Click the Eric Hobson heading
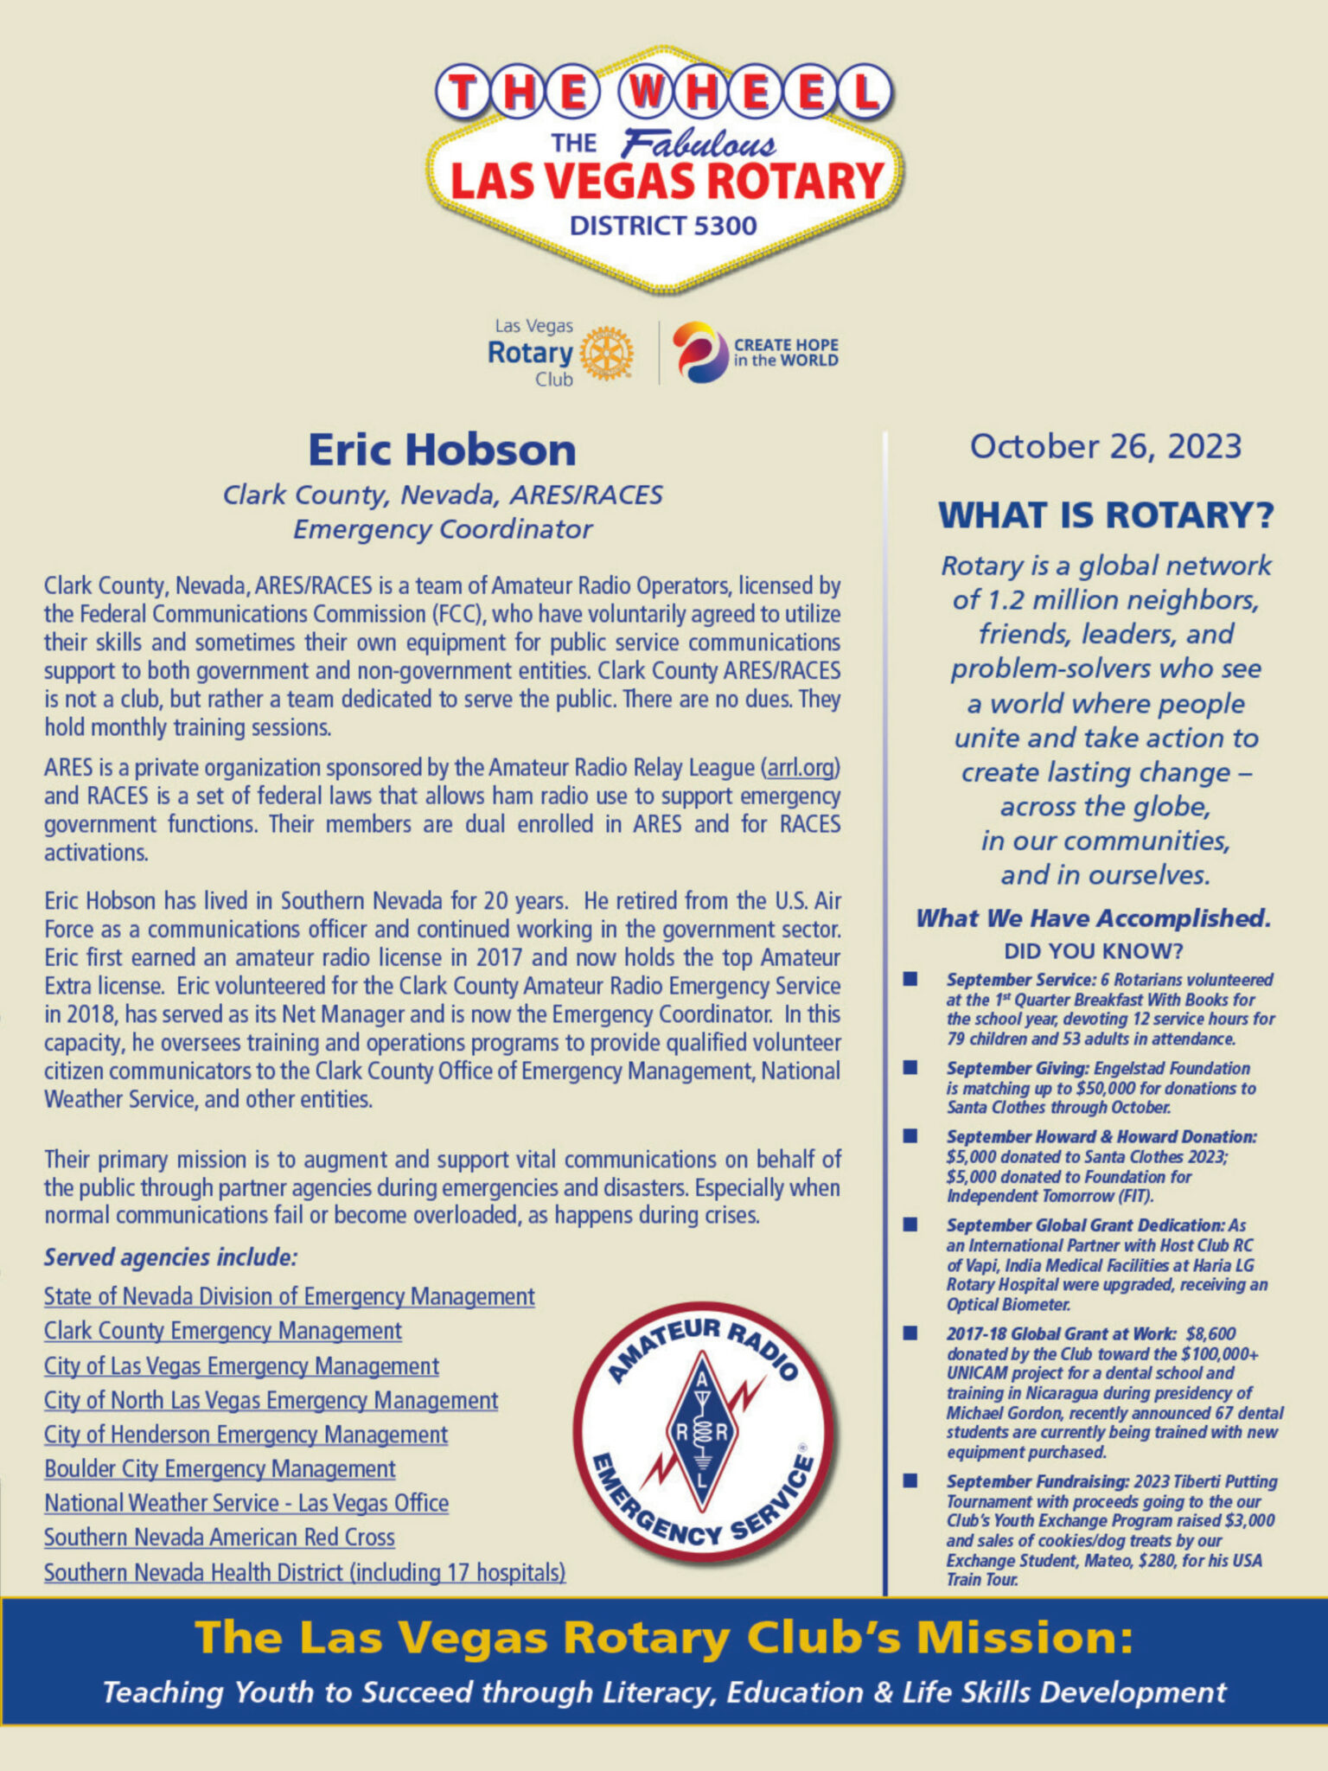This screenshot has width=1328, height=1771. click(x=442, y=450)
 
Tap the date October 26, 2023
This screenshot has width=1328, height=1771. click(x=1105, y=446)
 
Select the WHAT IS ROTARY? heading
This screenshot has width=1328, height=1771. click(x=1106, y=515)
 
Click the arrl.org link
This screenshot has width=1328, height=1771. click(x=801, y=768)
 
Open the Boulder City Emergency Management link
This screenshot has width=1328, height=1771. click(x=220, y=1469)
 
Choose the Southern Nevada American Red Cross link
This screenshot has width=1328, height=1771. click(x=220, y=1538)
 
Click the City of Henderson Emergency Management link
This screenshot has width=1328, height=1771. click(x=246, y=1435)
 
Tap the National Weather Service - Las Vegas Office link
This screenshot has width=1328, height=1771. click(x=246, y=1504)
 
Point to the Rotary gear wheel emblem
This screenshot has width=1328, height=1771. click(x=606, y=353)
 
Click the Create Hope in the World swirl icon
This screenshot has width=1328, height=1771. click(x=699, y=352)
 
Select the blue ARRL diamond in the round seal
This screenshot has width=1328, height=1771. click(x=702, y=1431)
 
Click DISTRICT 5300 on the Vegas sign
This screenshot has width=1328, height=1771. click(x=663, y=227)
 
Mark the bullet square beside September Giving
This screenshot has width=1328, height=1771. click(x=910, y=1068)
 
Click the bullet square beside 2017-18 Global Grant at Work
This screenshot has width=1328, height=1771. click(x=910, y=1333)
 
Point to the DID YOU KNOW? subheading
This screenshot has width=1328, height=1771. click(x=1093, y=951)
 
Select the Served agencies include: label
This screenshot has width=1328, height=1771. click(x=171, y=1257)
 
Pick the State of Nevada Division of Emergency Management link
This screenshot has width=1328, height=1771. click(x=289, y=1297)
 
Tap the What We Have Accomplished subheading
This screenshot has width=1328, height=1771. click(x=1093, y=918)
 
